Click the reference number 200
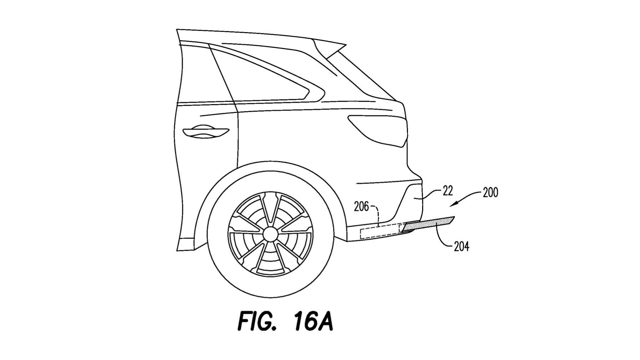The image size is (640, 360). click(x=490, y=193)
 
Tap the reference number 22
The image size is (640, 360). click(x=447, y=191)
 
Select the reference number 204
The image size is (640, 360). click(x=461, y=246)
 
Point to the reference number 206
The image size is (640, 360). click(x=361, y=206)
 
